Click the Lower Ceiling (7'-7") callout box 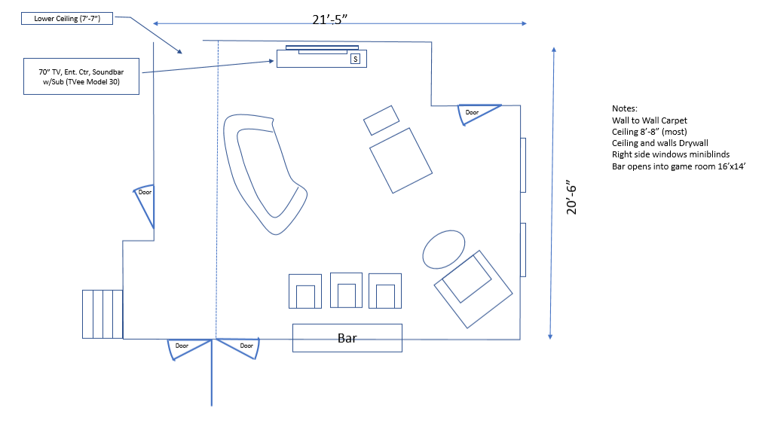[67, 19]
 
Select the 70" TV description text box [81, 76]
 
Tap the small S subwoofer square [356, 59]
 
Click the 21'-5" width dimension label [329, 20]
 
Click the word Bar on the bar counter [347, 338]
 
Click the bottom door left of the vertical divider [188, 349]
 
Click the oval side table [444, 249]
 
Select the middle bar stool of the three [346, 290]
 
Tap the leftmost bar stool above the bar [305, 291]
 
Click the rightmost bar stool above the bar [385, 291]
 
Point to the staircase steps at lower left [103, 314]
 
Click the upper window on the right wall [523, 166]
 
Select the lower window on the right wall [523, 250]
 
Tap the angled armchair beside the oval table [473, 289]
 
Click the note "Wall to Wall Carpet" [649, 120]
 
